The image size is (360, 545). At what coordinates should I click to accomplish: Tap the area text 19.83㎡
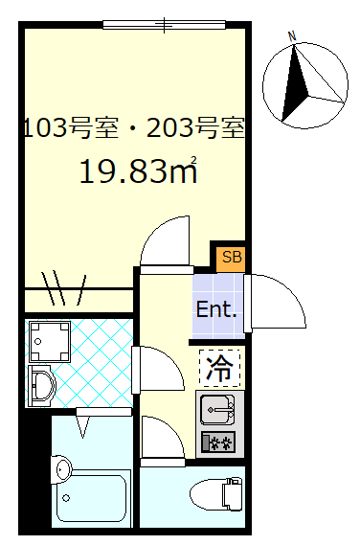click(x=138, y=171)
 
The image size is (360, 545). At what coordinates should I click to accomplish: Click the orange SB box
click(x=231, y=257)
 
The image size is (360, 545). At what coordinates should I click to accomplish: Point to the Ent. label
click(x=216, y=309)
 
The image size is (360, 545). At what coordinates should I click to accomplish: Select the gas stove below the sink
click(x=217, y=443)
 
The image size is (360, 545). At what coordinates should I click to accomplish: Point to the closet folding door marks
click(x=65, y=286)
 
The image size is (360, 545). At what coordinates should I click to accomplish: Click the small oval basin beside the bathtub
click(x=61, y=468)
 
